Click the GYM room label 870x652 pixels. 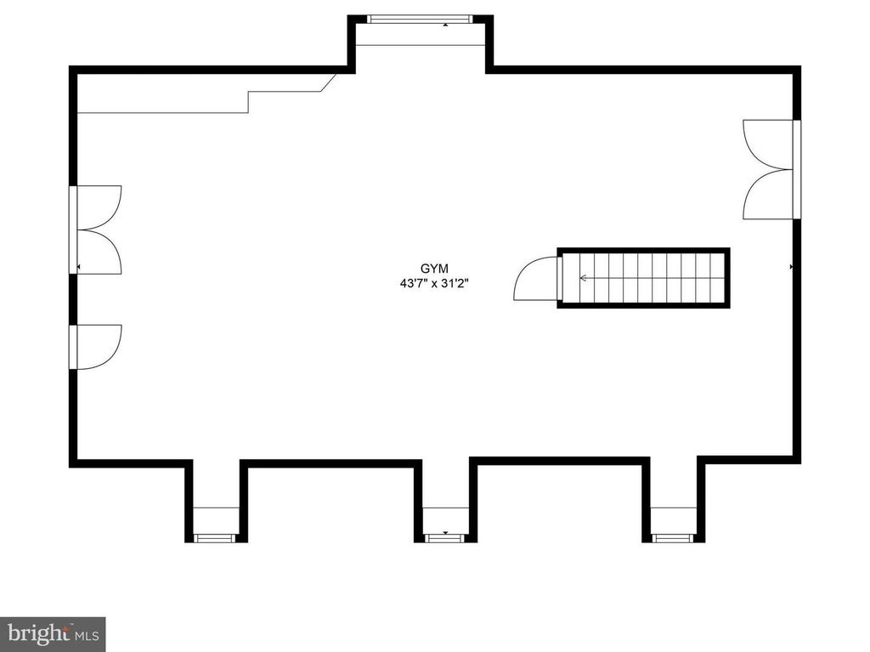click(434, 269)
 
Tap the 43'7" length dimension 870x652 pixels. click(414, 283)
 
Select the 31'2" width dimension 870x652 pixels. click(455, 283)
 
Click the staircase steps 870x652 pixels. click(643, 278)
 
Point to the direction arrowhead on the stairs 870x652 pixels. click(583, 278)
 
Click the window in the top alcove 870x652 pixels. click(420, 19)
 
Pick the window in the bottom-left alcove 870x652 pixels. click(215, 537)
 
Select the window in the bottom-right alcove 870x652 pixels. click(673, 537)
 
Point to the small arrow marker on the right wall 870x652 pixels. click(791, 267)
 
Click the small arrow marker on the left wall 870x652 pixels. click(78, 267)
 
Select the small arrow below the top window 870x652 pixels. click(445, 25)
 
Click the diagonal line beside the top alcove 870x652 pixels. click(329, 82)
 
